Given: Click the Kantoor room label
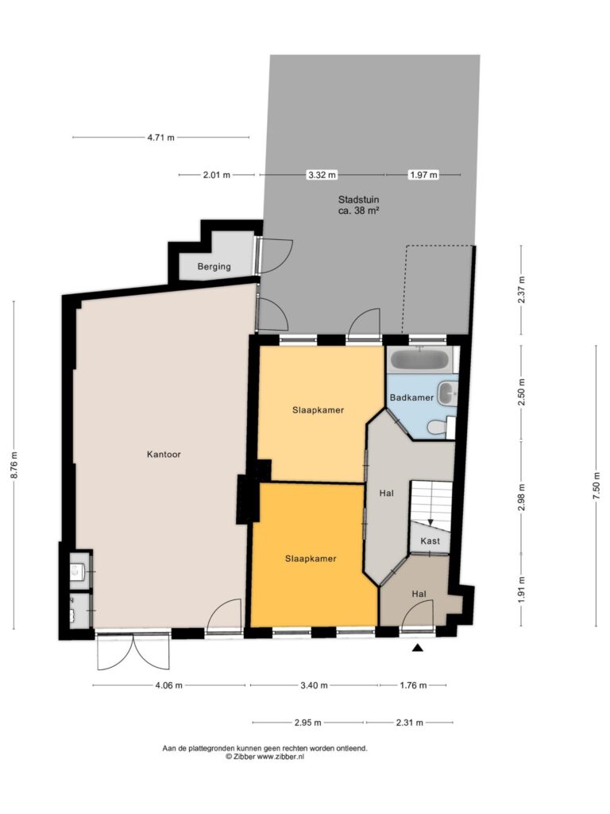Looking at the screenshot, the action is click(x=164, y=454).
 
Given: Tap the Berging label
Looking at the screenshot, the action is click(x=214, y=267).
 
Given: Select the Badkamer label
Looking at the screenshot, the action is click(x=411, y=397).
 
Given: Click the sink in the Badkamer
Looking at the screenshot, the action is click(x=447, y=393).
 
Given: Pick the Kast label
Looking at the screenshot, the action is click(x=430, y=541).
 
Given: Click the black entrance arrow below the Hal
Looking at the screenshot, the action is click(x=418, y=647).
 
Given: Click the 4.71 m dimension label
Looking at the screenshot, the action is click(x=160, y=138).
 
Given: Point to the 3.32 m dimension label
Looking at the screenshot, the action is click(x=322, y=175).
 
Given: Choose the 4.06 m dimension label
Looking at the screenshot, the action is click(x=168, y=685).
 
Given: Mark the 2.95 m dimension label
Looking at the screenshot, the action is click(x=307, y=722).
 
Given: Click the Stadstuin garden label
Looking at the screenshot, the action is click(x=358, y=205).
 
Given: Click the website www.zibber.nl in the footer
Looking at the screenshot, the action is click(x=280, y=757).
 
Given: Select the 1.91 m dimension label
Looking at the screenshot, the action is click(x=521, y=590).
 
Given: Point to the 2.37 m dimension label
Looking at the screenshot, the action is click(x=521, y=289).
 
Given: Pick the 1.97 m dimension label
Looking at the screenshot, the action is click(x=423, y=175).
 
